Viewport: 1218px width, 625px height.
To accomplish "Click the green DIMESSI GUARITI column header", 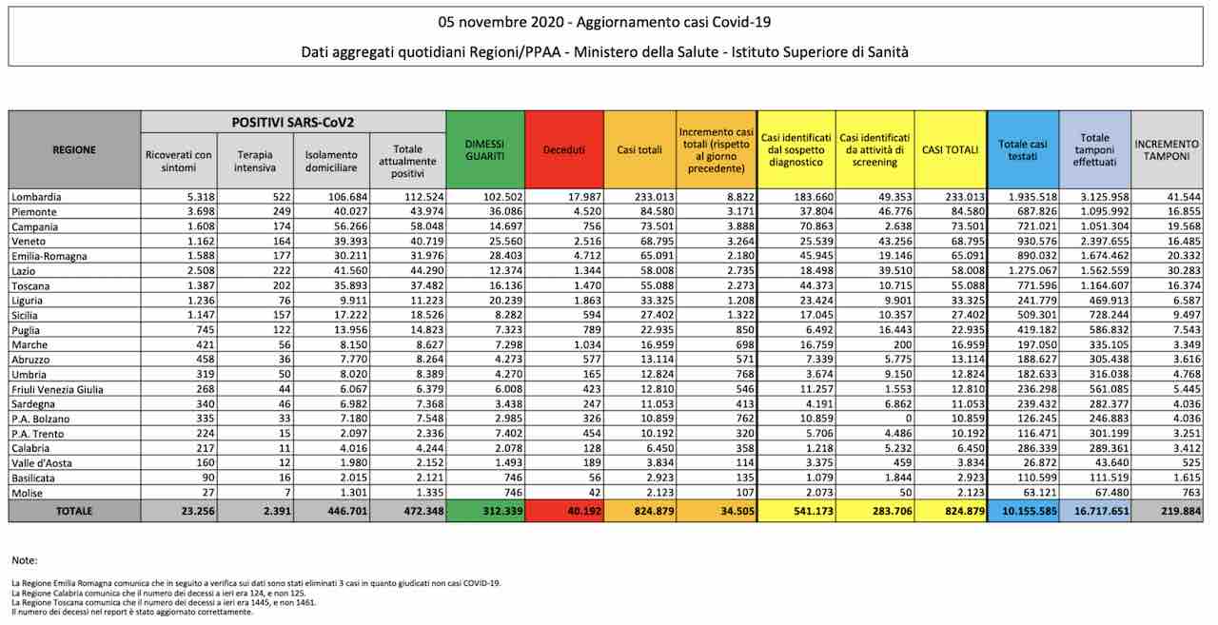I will pos(484,149).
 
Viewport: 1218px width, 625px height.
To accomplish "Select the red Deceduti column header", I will pos(563,149).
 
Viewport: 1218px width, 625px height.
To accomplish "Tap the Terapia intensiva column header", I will pos(255,161).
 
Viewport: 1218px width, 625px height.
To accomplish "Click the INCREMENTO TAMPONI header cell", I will pos(1166,149).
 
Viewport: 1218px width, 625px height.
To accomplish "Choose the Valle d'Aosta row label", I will pos(43,462).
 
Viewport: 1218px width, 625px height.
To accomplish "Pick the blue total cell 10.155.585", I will pos(1022,511).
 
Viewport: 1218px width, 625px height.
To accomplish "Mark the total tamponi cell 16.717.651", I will pos(1094,511).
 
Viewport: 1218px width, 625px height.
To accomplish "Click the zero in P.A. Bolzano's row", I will pos(906,418).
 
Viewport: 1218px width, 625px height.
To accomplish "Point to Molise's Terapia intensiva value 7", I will pos(274,492).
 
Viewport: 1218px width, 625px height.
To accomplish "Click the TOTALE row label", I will pos(74,511).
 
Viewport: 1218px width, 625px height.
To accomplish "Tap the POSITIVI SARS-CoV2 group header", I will pos(293,123).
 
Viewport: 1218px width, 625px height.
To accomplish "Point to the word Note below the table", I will pos(25,560).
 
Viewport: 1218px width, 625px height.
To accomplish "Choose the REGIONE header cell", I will pos(74,149).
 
